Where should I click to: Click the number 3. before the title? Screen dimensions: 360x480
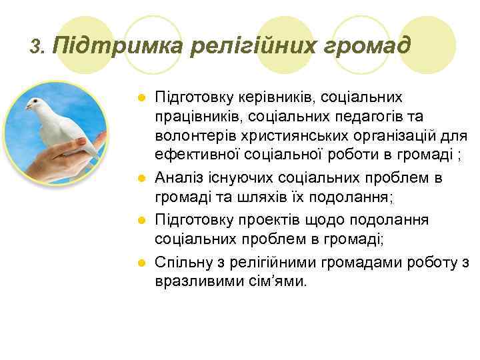tap(37, 47)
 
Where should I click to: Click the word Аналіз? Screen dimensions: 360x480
tap(177, 178)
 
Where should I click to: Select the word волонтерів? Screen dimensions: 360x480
tap(190, 137)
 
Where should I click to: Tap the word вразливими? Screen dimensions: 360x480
tap(193, 282)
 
